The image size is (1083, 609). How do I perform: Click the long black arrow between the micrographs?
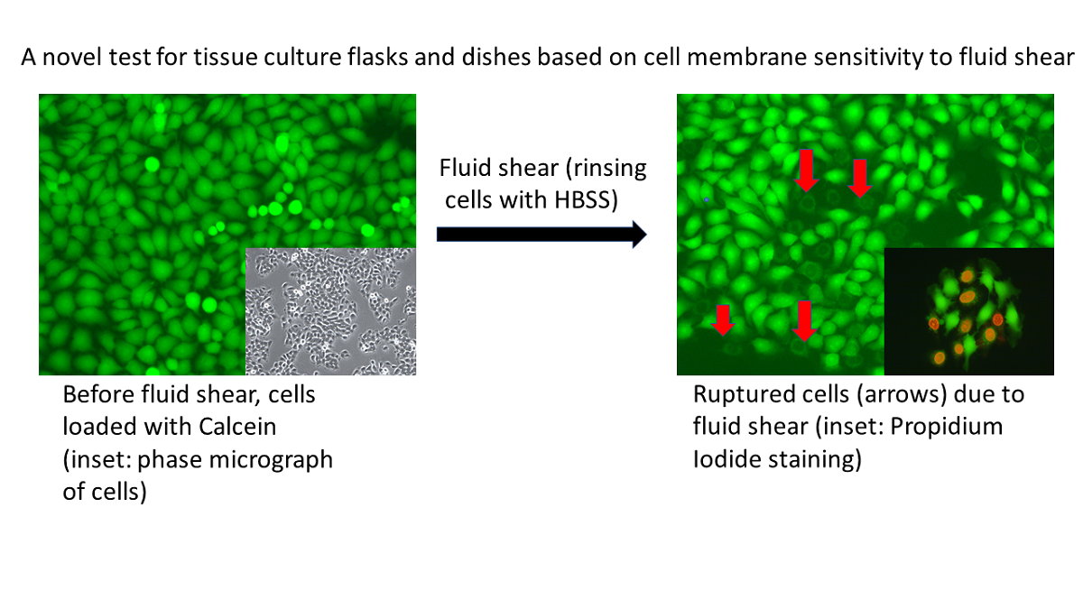(541, 235)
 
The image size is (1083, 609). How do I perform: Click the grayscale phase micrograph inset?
(330, 311)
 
